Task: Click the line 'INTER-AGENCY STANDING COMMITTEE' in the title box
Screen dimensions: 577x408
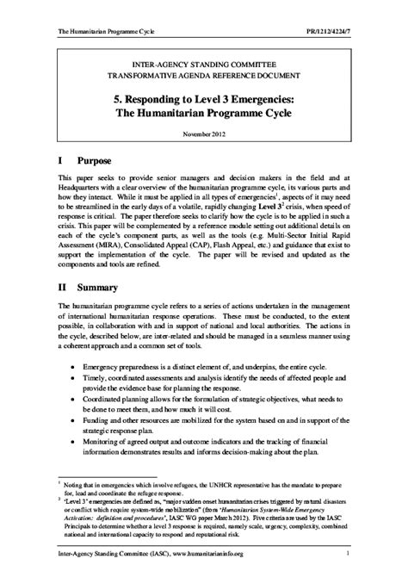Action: point(203,64)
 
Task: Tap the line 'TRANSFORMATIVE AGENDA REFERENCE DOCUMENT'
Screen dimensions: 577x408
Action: point(203,77)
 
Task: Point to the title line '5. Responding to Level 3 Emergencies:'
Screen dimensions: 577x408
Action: point(203,98)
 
